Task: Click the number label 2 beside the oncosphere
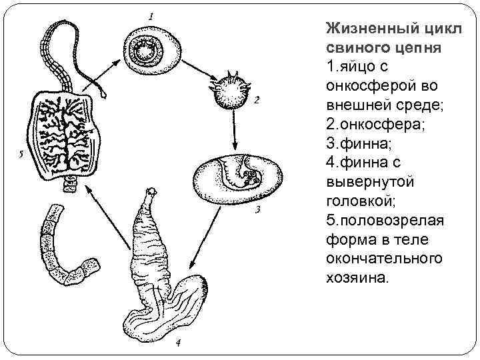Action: point(255,101)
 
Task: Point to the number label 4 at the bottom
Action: point(177,343)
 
